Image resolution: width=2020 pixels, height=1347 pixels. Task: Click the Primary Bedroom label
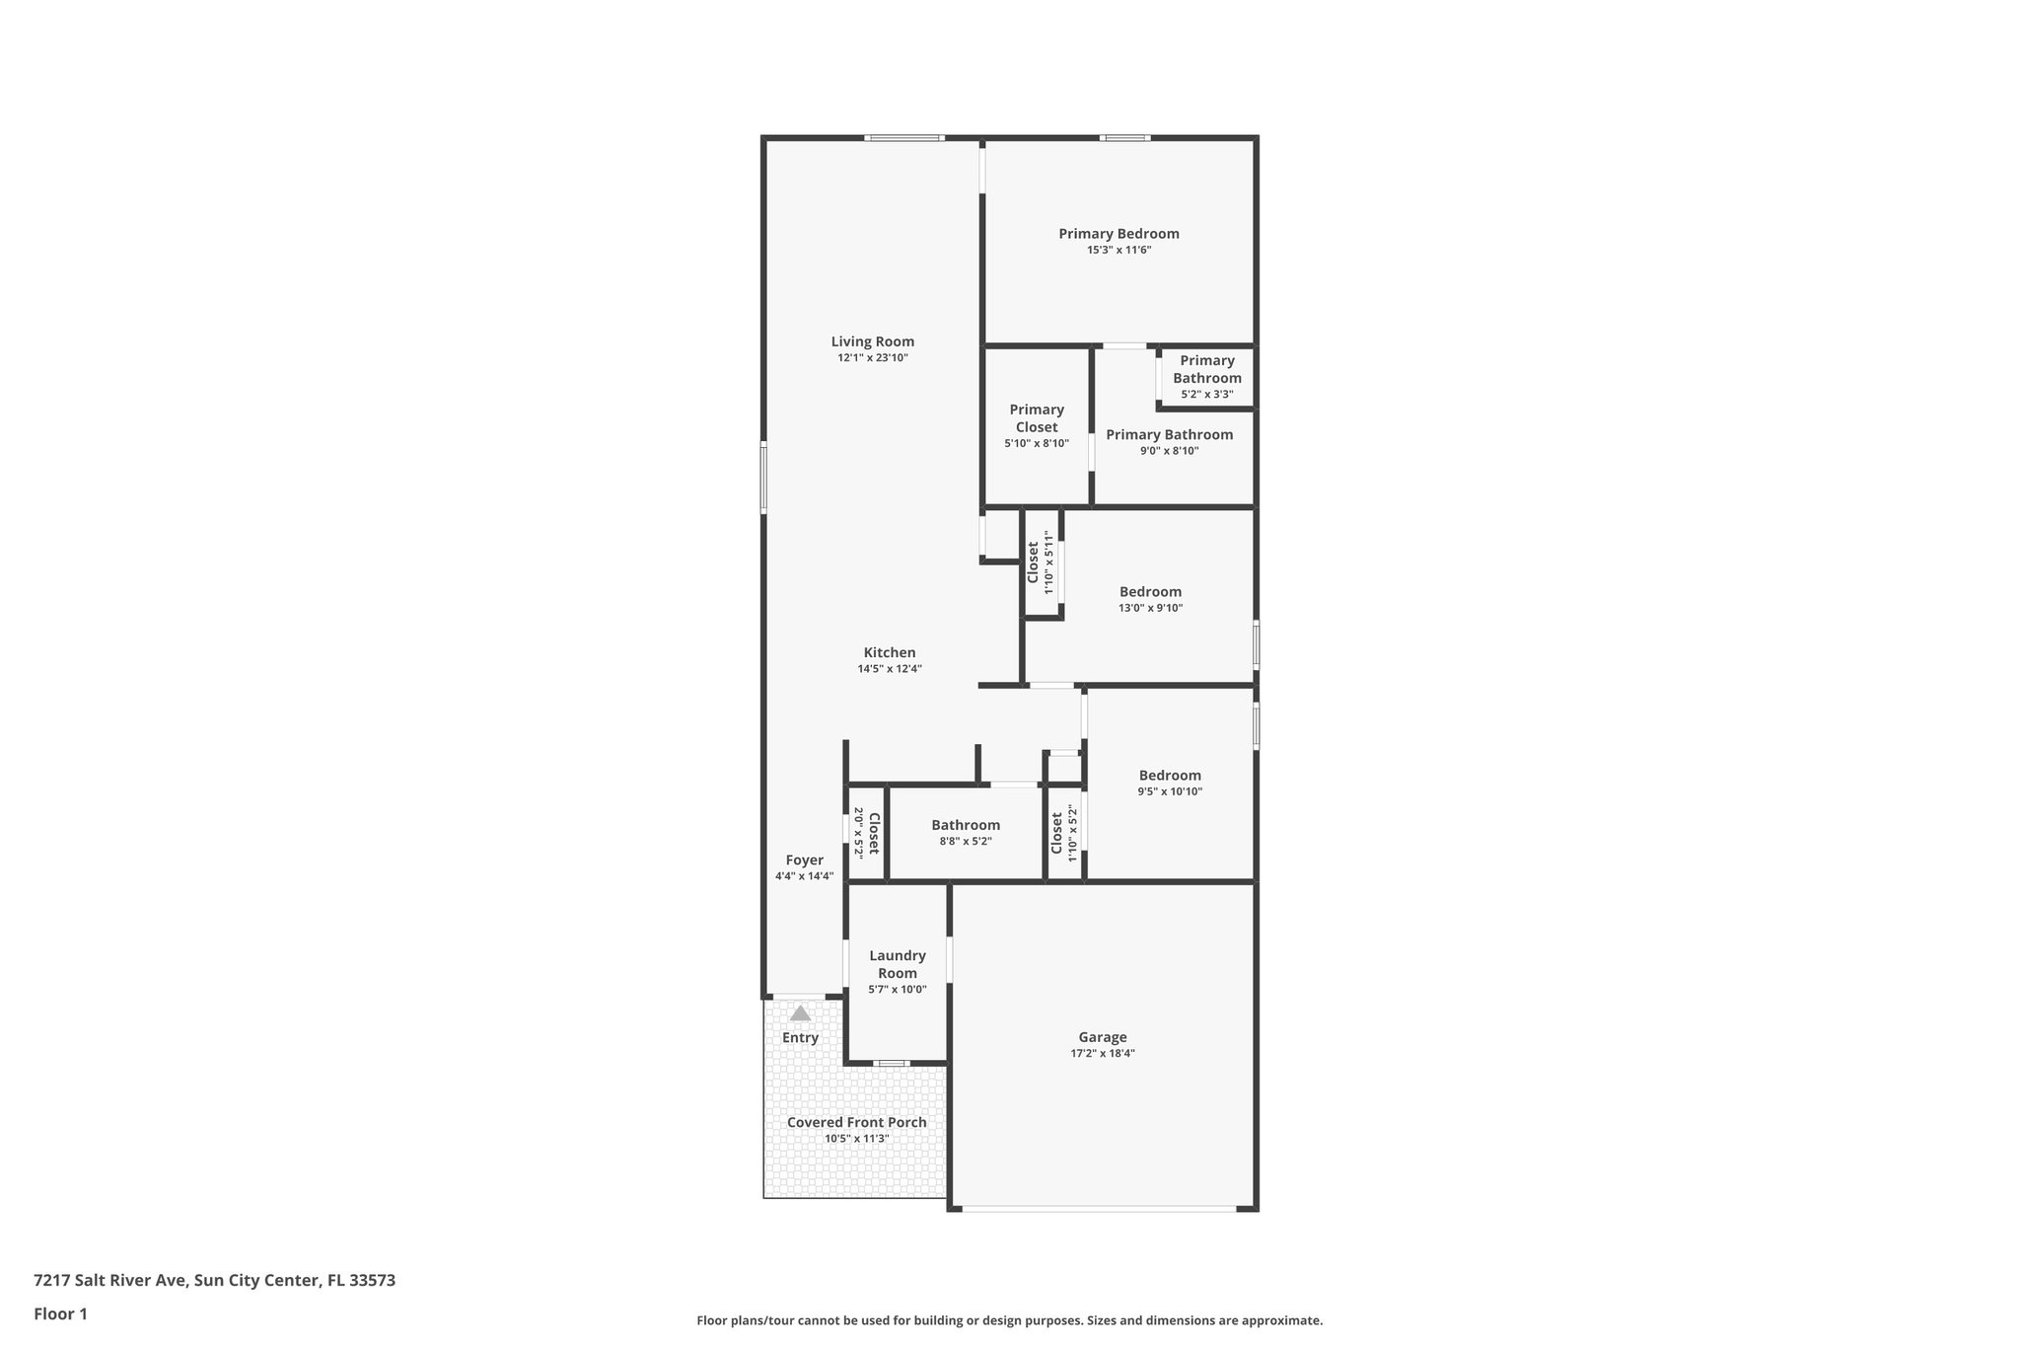(1118, 234)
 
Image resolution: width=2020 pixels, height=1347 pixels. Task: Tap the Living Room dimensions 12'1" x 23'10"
(872, 358)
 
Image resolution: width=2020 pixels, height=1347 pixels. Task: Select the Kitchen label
(889, 652)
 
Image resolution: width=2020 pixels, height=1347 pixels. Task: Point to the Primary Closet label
(1036, 418)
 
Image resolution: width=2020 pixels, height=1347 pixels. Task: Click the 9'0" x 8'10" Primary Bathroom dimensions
(1169, 451)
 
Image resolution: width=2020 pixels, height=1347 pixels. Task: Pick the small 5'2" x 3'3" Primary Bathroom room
(1206, 377)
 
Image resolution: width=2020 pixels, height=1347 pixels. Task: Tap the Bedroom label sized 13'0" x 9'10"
(1150, 592)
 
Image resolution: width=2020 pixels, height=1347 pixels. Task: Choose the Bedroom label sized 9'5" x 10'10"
(1170, 776)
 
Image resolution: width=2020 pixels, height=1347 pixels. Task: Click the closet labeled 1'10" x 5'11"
(1041, 562)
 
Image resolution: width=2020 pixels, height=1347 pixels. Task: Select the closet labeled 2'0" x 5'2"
(866, 832)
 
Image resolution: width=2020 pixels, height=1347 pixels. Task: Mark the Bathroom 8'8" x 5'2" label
(965, 825)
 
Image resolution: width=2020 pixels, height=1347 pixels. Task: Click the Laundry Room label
(897, 964)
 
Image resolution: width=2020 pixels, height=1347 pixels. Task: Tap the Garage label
(1102, 1037)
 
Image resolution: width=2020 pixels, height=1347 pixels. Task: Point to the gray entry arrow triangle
(800, 1013)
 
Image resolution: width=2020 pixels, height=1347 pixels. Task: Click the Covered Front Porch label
(856, 1122)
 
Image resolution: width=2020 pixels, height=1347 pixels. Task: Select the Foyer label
(804, 861)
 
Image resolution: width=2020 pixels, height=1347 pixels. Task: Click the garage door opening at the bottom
(1098, 1208)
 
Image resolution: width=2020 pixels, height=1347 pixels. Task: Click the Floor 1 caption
(60, 1314)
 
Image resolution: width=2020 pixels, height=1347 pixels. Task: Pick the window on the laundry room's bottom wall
(892, 1064)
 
